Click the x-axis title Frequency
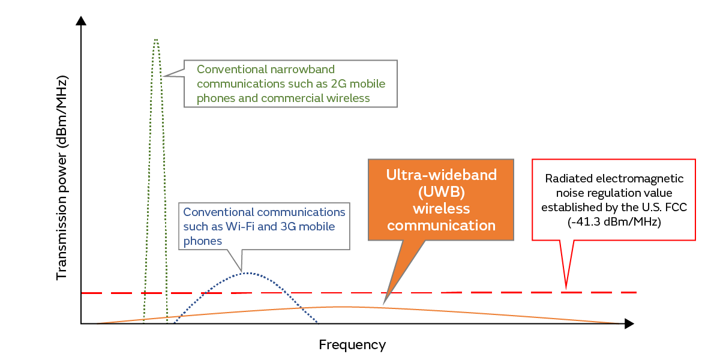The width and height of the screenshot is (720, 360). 352,345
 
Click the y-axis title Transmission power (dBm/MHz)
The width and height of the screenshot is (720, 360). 61,178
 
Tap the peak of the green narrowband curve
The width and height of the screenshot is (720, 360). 156,40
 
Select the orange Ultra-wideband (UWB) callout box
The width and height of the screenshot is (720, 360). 441,200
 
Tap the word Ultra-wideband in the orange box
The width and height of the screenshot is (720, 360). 441,175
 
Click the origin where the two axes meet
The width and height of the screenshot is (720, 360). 81,324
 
